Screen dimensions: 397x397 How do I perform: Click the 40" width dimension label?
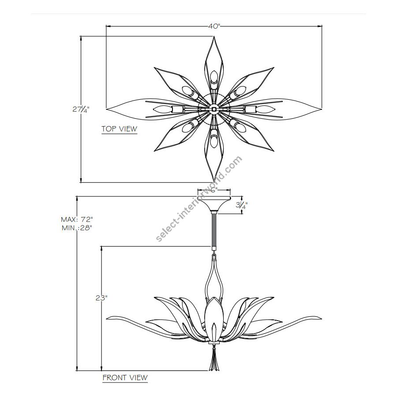[214, 26]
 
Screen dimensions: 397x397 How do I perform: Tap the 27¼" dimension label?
[81, 109]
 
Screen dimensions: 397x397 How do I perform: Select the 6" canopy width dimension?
[214, 190]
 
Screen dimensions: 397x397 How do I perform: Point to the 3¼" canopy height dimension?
[242, 205]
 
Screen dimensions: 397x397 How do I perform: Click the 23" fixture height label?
[101, 298]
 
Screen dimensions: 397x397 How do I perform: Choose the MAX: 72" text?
[77, 219]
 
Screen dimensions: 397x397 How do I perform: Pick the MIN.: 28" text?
[77, 228]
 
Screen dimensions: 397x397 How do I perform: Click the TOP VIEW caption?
[119, 129]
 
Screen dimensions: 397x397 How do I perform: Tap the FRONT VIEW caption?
[125, 378]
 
